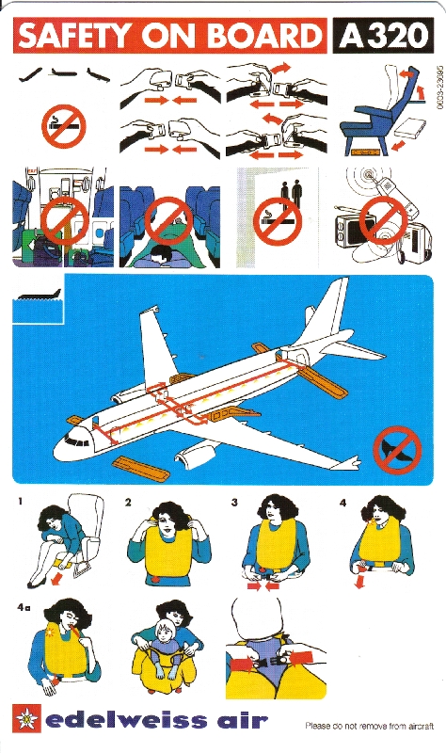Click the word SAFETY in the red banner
(74, 36)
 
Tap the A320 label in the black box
(384, 36)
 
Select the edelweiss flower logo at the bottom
(25, 718)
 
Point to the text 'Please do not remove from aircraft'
(369, 726)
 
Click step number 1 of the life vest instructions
(20, 502)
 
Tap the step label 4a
(24, 608)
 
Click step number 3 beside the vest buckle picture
(234, 503)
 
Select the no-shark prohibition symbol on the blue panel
(397, 451)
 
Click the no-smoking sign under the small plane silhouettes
(63, 127)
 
